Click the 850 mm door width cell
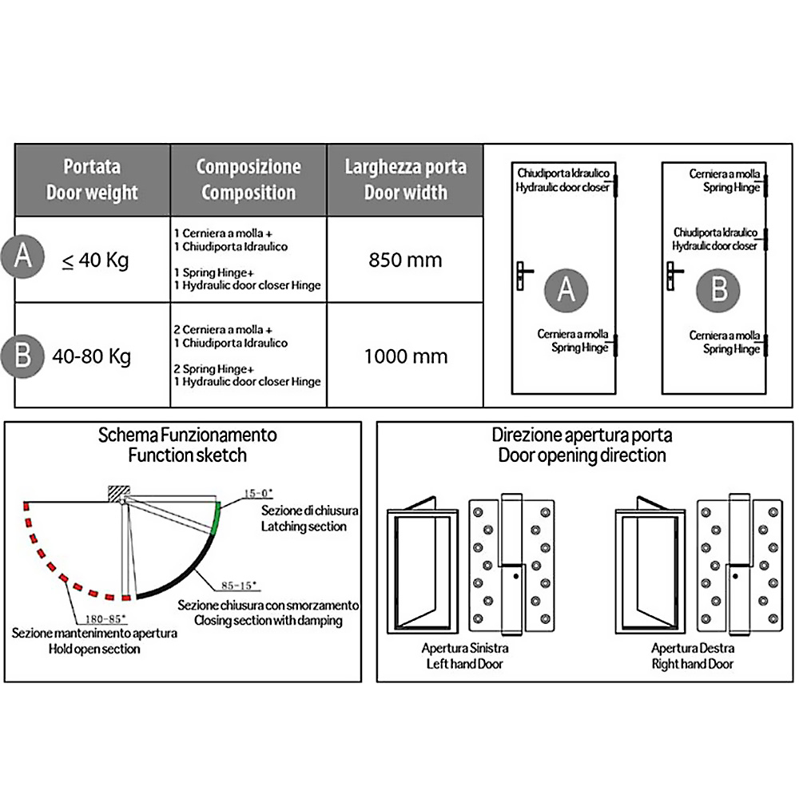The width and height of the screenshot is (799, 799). tap(405, 260)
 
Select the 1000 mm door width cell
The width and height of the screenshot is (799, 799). tap(405, 356)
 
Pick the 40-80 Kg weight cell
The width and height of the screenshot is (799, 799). tap(91, 356)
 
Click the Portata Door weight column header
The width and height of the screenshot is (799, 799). tap(92, 180)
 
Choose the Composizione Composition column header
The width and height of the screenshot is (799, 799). tap(248, 180)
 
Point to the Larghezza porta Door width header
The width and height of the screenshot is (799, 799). tap(405, 180)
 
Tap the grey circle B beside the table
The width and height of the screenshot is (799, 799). tap(23, 354)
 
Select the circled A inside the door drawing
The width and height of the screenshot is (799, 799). tap(566, 288)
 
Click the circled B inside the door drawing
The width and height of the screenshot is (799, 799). tap(719, 288)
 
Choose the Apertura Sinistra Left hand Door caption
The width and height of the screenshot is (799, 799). tap(465, 655)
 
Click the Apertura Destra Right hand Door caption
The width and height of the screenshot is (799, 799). tap(693, 655)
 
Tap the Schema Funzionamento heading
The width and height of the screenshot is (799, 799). tap(188, 435)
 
